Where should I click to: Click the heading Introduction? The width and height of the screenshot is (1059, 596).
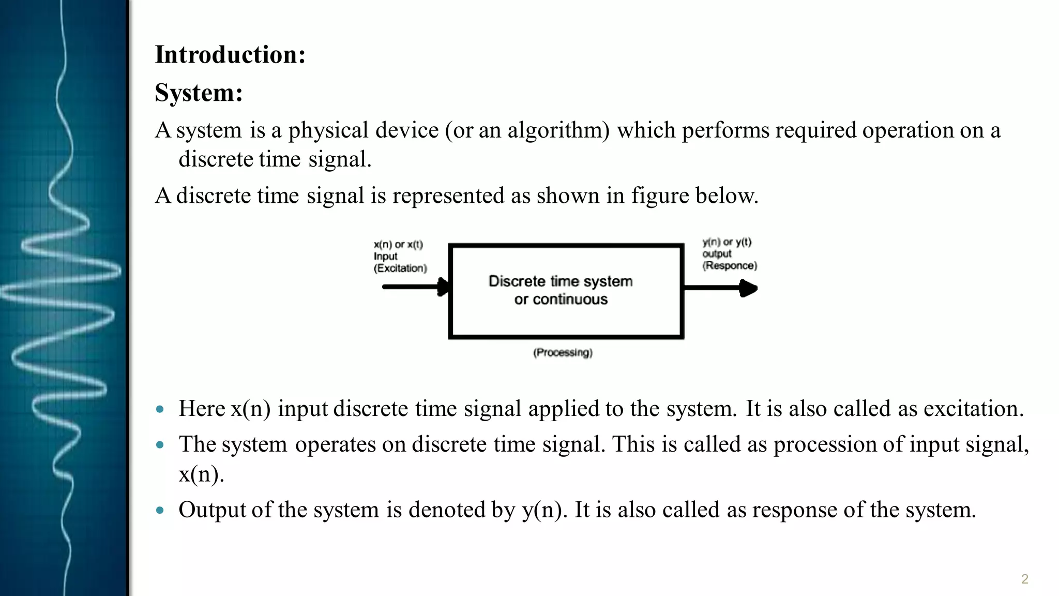[x=230, y=55]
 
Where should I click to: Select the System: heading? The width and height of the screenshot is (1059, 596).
[x=199, y=93]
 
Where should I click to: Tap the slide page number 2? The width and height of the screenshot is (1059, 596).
[x=1024, y=579]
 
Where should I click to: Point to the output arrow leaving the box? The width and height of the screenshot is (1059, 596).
[x=721, y=288]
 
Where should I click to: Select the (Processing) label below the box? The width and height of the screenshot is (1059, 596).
[x=563, y=353]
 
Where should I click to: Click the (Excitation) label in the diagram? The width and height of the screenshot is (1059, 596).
[x=400, y=269]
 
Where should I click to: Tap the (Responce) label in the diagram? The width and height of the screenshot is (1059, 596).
[x=729, y=266]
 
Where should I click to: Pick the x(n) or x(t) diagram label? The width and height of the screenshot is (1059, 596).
[x=398, y=245]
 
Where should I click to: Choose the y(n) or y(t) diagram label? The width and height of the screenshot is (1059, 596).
[x=727, y=242]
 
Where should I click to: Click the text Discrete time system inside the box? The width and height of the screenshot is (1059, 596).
[x=561, y=281]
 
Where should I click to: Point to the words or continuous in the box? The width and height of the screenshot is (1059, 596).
[x=561, y=300]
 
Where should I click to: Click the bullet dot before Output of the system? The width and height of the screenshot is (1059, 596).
[x=160, y=511]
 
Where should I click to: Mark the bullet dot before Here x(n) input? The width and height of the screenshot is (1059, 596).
[x=160, y=410]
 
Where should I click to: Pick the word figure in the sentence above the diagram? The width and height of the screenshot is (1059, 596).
[x=660, y=196]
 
